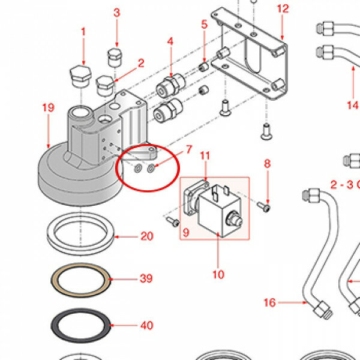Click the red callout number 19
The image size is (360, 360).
tap(49, 107)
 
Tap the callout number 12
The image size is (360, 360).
tap(283, 9)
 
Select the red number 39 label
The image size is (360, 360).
tap(146, 278)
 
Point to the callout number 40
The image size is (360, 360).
tap(147, 325)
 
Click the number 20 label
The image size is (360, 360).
tap(147, 236)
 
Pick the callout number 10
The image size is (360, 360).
tap(218, 275)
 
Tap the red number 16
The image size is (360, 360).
tap(269, 302)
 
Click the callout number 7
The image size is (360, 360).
tap(189, 149)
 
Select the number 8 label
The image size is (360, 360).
tap(267, 164)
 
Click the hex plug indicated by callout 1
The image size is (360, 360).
tap(80, 76)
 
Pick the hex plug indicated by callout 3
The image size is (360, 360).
tap(115, 58)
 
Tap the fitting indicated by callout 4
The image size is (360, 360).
tap(170, 85)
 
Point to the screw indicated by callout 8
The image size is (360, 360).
tap(263, 206)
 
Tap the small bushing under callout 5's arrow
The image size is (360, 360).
tap(203, 67)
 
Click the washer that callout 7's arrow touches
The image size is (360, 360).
tap(151, 169)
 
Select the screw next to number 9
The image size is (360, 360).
tap(173, 222)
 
